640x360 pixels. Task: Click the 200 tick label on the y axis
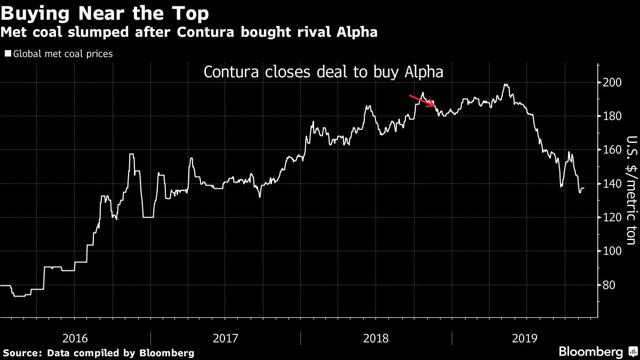click(x=612, y=83)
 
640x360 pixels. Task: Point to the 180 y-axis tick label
click(x=612, y=116)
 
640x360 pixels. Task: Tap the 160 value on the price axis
click(x=612, y=150)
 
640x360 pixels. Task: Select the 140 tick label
click(x=612, y=184)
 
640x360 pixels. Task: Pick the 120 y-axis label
click(x=612, y=218)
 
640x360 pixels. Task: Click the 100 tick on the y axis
click(x=612, y=251)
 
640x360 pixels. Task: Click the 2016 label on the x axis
click(x=76, y=338)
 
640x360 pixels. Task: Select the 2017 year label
click(x=226, y=338)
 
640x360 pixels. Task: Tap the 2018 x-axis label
click(x=375, y=338)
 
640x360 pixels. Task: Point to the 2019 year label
click(x=525, y=338)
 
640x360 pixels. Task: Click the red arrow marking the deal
click(x=422, y=100)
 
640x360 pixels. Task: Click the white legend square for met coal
click(x=7, y=54)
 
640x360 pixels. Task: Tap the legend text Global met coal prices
click(x=62, y=54)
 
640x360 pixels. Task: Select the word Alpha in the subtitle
click(x=358, y=33)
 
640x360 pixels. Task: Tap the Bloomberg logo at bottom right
click(x=590, y=352)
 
